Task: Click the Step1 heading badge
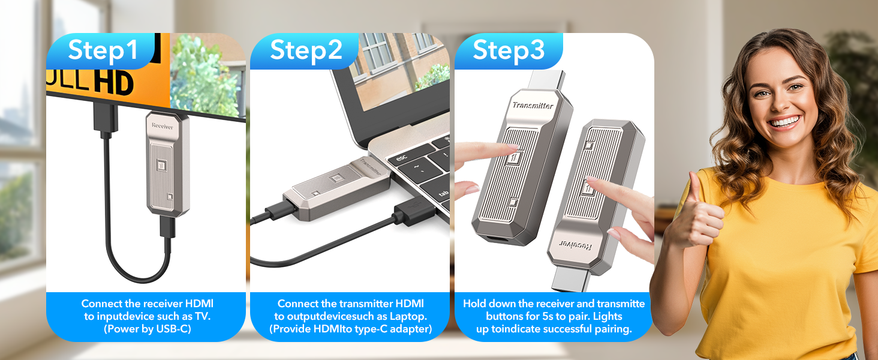coord(101,51)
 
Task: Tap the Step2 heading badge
coord(305,51)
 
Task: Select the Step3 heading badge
coord(509,51)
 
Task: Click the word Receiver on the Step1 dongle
coord(163,126)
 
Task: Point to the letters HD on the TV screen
coord(114,83)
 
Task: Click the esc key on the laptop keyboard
coord(401,158)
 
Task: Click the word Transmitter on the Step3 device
coord(533,105)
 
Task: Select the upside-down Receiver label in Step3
coord(575,245)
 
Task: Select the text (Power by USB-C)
coord(148,329)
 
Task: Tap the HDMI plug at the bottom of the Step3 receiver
coord(570,278)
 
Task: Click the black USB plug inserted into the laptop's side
coord(414,211)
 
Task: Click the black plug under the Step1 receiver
coord(167,227)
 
